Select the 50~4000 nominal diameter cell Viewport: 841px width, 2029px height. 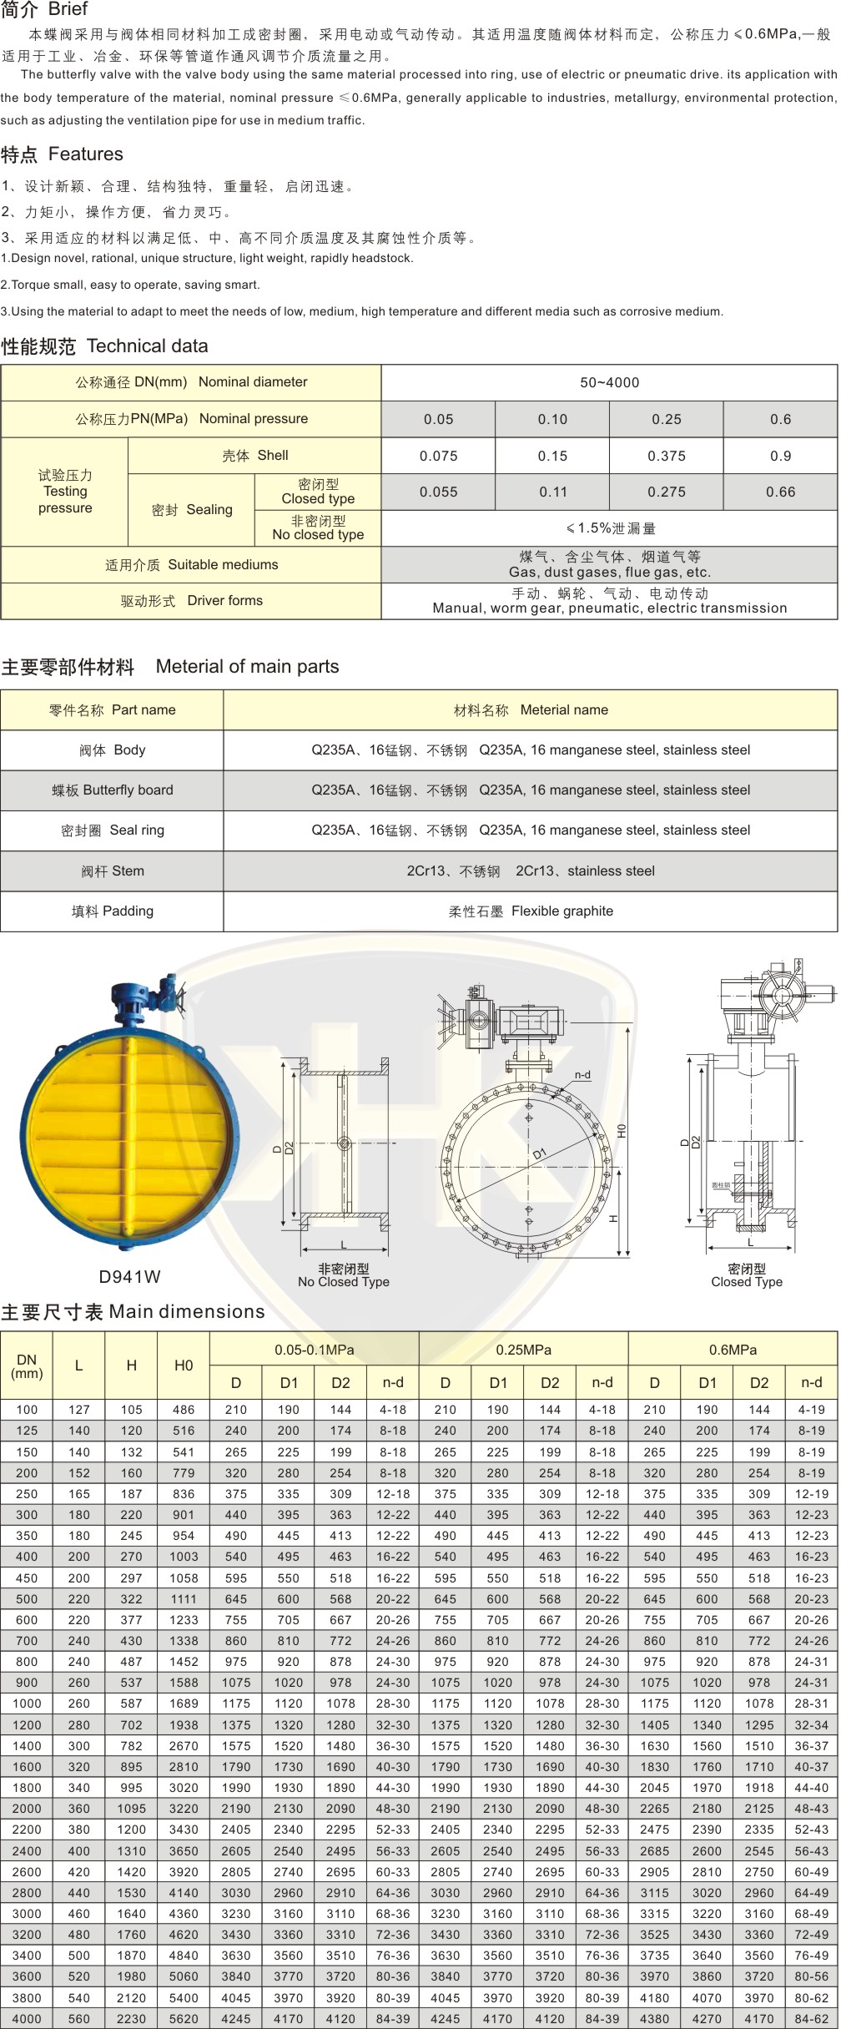coord(609,382)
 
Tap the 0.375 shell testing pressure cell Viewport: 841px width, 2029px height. coord(666,456)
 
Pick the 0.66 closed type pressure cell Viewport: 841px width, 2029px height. coord(780,492)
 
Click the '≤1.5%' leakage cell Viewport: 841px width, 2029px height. coord(609,528)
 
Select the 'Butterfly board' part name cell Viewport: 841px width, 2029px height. coord(112,790)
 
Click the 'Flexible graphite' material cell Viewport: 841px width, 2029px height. coord(531,911)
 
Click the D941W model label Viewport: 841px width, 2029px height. coord(129,1276)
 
